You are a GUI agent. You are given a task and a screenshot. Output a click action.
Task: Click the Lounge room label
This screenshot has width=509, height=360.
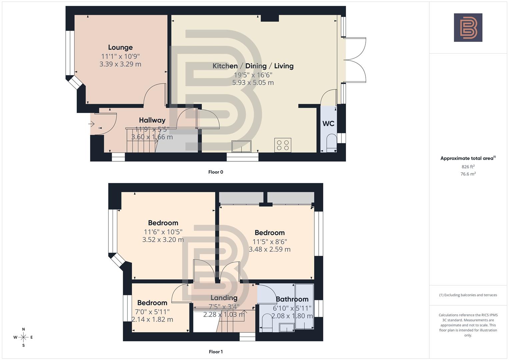[120, 47]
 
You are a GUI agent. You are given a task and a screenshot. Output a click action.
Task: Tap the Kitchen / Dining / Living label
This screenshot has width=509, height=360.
[253, 66]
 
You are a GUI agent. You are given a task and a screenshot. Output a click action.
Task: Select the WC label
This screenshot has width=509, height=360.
[328, 124]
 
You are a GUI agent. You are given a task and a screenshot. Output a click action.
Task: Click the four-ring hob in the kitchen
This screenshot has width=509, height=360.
[283, 145]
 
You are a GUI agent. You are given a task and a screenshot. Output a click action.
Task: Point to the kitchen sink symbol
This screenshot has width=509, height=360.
[241, 146]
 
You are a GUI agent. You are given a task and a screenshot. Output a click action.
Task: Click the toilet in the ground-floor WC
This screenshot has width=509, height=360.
[331, 142]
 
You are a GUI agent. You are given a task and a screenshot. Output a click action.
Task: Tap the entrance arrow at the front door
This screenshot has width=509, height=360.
[91, 124]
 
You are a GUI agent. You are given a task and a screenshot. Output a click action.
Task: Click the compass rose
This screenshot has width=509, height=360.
[23, 337]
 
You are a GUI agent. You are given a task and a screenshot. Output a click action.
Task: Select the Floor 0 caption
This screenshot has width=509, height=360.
[216, 172]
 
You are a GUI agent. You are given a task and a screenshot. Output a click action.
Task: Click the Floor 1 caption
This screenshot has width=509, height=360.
[216, 352]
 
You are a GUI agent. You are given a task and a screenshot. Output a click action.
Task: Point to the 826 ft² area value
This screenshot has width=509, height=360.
[468, 167]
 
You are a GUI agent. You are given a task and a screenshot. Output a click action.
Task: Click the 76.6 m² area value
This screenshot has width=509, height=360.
[468, 174]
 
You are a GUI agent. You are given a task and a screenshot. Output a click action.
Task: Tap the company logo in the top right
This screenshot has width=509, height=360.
[468, 27]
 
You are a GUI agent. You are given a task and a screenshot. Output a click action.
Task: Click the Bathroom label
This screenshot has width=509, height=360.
[292, 299]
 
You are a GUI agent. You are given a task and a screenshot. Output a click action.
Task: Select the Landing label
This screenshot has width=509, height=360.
[224, 298]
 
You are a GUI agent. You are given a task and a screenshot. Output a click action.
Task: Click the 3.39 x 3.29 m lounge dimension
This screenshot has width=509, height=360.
[120, 64]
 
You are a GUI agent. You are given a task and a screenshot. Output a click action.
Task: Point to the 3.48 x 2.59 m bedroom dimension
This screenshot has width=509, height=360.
[270, 249]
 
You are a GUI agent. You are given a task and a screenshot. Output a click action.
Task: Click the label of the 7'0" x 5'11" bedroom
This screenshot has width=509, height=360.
[152, 303]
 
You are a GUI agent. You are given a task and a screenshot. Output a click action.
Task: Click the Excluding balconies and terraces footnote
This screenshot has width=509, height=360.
[468, 295]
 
